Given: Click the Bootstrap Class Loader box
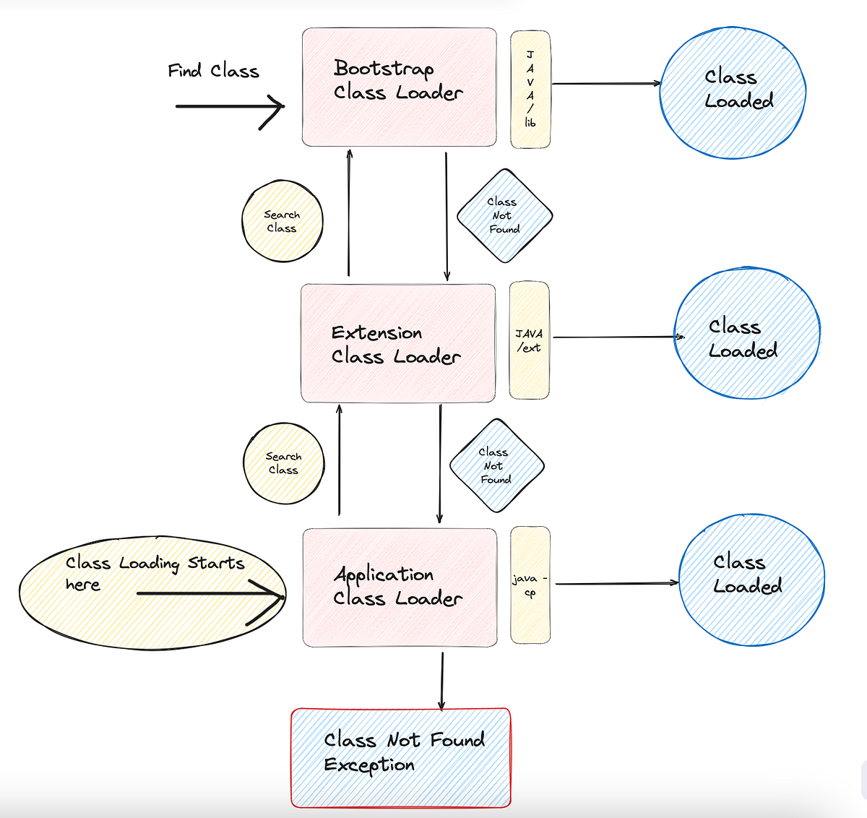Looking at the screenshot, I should point(399,87).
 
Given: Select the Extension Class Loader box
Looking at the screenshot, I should point(398,343).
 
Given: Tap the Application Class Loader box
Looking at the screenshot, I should point(400,587).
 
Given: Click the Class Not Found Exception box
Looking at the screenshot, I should point(401,757).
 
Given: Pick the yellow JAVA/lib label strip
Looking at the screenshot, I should point(530,90).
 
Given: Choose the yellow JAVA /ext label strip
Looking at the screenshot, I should point(529,340).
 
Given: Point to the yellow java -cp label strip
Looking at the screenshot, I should point(530,585).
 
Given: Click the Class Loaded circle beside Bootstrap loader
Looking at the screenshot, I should point(733,92).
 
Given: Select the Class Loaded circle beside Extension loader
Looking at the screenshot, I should point(747,334).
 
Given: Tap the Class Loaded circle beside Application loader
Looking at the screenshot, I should point(751,580).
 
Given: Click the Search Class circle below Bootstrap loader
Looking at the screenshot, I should point(282,221).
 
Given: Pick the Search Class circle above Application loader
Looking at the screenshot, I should point(284,463).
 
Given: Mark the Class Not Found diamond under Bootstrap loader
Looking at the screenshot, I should point(504,215).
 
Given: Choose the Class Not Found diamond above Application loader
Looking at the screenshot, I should point(496,465).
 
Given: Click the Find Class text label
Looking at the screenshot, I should point(213,71).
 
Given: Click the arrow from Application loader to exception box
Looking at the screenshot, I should point(441,679).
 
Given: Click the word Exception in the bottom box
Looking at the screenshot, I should point(369,765).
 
